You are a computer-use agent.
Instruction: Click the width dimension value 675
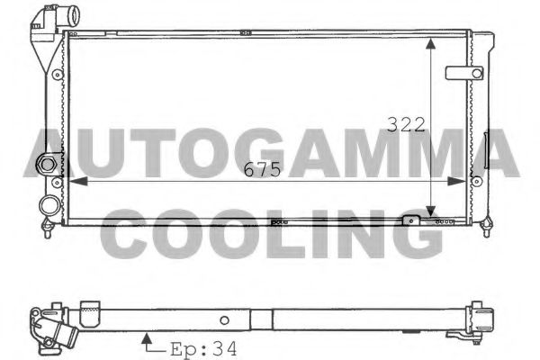pos(262,169)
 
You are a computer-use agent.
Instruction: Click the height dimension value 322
pos(406,125)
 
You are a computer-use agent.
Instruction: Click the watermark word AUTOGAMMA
pos(270,153)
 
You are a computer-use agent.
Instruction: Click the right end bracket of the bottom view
pos(487,321)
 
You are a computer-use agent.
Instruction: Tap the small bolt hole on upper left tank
pos(56,74)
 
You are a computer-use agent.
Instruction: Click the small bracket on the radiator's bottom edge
pos(411,219)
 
